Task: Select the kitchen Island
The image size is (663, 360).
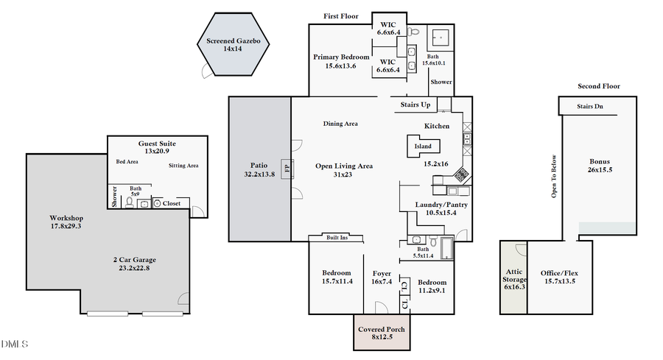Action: (x=423, y=147)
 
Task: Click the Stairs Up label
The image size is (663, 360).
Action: (x=415, y=105)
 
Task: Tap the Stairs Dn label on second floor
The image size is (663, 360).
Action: (x=589, y=107)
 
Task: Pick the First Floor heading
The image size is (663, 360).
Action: (x=342, y=16)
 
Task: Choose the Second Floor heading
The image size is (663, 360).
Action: (x=598, y=86)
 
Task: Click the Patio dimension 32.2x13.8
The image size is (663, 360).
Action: (x=259, y=174)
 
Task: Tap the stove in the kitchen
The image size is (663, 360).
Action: (x=461, y=175)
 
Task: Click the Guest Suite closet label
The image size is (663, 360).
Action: (x=171, y=203)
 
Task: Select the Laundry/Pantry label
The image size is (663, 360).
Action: (x=441, y=205)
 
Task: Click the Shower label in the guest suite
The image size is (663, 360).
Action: (x=114, y=197)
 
